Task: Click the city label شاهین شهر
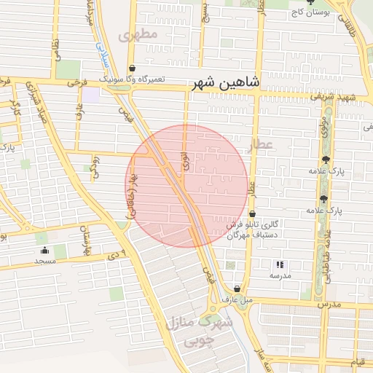pyautogui.click(x=225, y=84)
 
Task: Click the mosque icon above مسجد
pyautogui.click(x=44, y=251)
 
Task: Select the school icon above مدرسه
pyautogui.click(x=280, y=265)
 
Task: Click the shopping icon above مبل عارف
pyautogui.click(x=237, y=289)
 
